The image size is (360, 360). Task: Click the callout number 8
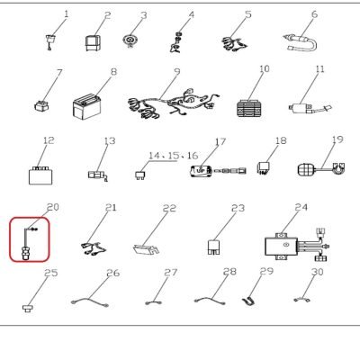[x=113, y=72]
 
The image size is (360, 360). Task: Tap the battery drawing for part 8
[x=86, y=106]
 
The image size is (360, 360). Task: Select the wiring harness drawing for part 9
[x=174, y=103]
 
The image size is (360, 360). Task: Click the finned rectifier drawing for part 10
[x=248, y=108]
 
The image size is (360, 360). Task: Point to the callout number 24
[x=301, y=207]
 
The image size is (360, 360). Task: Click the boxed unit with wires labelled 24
[x=298, y=245]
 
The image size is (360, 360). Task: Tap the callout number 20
[x=53, y=207]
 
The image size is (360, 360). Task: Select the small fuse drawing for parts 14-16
[x=139, y=175]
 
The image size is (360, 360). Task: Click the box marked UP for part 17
[x=202, y=171]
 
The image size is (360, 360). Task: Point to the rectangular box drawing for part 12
[x=40, y=175]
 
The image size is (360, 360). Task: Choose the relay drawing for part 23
[x=214, y=247]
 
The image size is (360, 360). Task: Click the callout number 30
[x=318, y=272]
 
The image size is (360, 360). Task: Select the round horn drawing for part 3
[x=130, y=40]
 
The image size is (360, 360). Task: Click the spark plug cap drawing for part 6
[x=301, y=43]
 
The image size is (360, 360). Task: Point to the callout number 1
[x=67, y=13]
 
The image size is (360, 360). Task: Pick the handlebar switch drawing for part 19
[x=321, y=169]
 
